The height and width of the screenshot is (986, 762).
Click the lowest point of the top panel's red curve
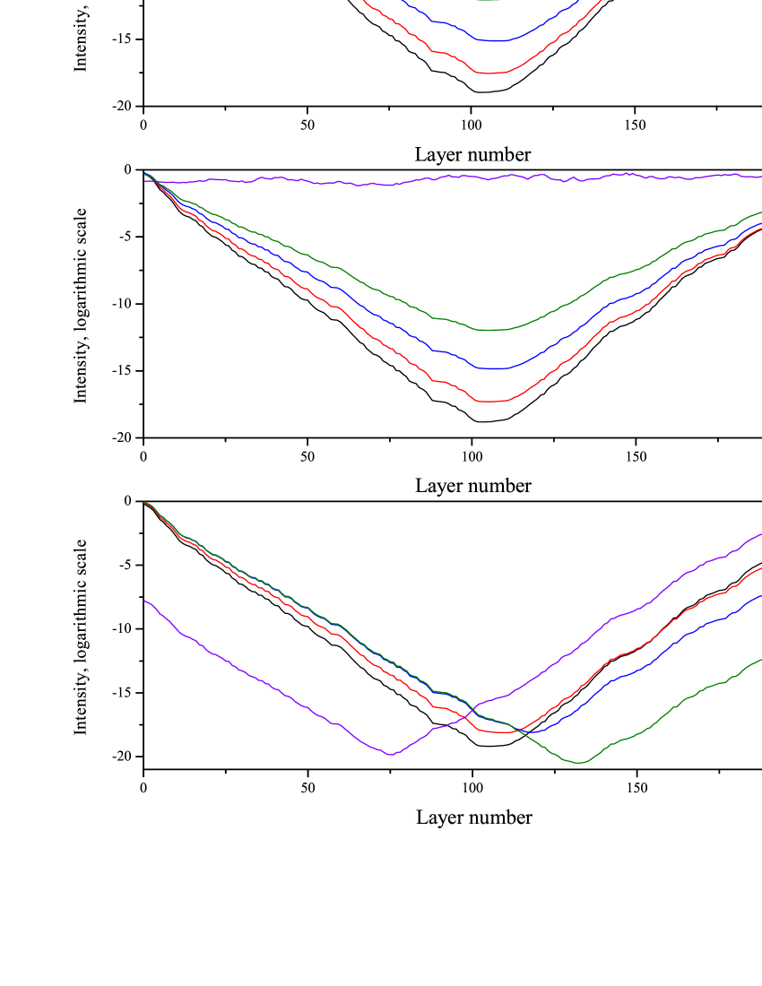[489, 73]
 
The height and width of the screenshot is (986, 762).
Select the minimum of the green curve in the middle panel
[491, 330]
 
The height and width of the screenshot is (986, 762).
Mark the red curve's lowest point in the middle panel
[491, 402]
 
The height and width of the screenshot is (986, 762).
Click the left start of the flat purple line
[144, 181]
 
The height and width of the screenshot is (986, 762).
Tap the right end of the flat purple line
[760, 177]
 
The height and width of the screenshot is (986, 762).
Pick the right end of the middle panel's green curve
[760, 213]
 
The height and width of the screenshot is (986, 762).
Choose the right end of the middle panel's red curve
[760, 229]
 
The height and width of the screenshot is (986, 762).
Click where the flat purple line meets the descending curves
[156, 181]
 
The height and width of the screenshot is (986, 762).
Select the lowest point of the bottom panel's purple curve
[391, 755]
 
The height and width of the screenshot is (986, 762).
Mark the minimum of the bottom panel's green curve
[580, 763]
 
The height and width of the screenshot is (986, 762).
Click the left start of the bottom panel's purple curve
[144, 601]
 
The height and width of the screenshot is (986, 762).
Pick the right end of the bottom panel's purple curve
[760, 534]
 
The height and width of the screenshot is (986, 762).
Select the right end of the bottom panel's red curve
[760, 568]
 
